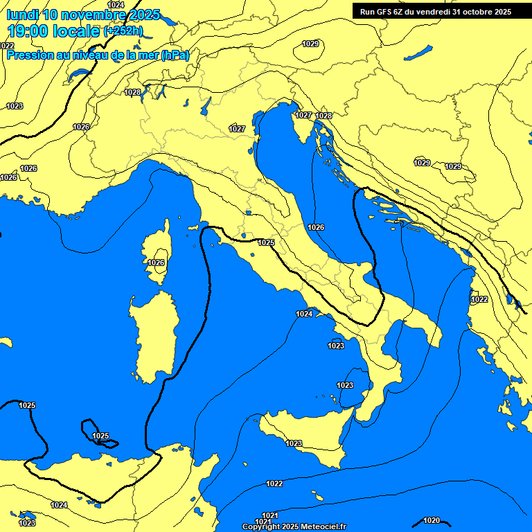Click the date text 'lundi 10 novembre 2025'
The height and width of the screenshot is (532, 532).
83,15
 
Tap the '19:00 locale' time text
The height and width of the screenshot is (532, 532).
53,31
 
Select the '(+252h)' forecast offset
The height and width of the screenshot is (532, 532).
123,32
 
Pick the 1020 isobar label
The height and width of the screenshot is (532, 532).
431,520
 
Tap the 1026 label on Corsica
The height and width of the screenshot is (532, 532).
156,263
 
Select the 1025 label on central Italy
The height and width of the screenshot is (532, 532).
266,242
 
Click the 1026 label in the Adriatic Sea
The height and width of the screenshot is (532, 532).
316,227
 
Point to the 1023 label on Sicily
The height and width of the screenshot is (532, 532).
294,443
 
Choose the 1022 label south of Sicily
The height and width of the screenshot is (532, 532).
274,484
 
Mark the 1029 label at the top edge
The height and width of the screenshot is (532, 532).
310,44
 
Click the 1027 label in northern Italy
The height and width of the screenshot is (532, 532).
237,129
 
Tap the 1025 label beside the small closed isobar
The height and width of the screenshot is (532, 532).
100,436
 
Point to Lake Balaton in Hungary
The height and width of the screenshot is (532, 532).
419,53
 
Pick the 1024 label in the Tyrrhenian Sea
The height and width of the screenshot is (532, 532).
304,314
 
